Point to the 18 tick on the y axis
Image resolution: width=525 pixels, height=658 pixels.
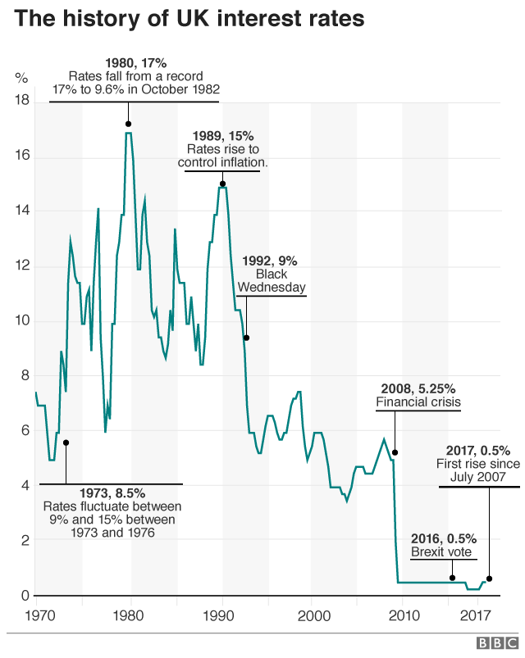coord(22,101)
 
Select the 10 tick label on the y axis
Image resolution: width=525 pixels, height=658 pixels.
coord(22,321)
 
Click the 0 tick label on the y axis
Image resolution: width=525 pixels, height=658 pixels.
coord(25,596)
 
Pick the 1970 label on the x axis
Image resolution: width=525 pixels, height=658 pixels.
coord(36,614)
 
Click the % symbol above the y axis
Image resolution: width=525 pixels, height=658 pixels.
coord(21,78)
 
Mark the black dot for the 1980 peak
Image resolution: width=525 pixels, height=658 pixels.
coord(128,124)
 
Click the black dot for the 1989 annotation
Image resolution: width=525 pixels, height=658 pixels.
coord(222,184)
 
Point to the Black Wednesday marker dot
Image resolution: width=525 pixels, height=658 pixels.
coord(246,338)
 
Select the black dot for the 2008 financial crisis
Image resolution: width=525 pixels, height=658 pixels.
coord(395,452)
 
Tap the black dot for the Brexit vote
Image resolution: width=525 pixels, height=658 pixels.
coord(452,578)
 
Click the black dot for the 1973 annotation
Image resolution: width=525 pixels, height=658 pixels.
coord(66,442)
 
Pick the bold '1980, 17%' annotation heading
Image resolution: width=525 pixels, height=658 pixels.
coord(135,62)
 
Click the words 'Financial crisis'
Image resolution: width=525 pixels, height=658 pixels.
coord(418,402)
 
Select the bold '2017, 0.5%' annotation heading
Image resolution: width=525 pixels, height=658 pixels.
coord(477,450)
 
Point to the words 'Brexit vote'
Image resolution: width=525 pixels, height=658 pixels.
coord(441,552)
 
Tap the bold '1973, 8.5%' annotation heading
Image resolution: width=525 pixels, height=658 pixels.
coord(112,492)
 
